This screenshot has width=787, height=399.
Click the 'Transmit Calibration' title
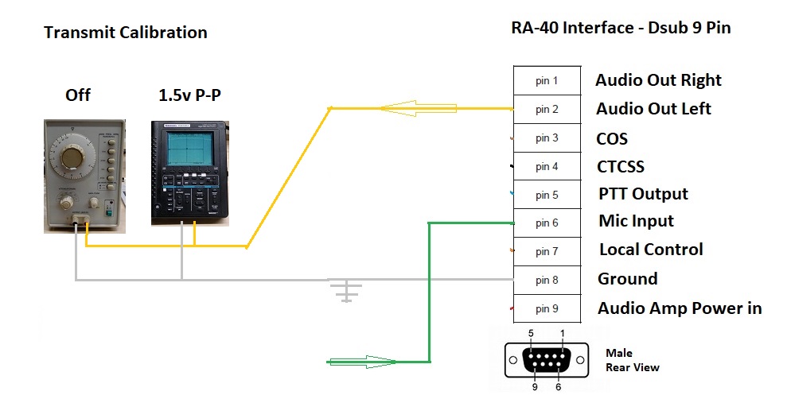(x=125, y=33)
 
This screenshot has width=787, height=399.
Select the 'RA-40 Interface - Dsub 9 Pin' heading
(x=620, y=29)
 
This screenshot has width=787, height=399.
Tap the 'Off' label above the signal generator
(x=78, y=95)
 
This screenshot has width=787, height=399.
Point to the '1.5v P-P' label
(x=189, y=95)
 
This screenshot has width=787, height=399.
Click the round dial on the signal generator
(x=72, y=157)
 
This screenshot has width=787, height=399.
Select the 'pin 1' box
(x=546, y=81)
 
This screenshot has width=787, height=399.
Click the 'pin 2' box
(x=546, y=110)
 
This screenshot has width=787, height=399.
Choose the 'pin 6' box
(x=546, y=223)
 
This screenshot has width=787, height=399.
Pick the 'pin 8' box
(x=546, y=280)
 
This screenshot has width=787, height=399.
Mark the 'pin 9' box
(x=546, y=308)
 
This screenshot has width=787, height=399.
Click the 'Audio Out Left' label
(x=653, y=109)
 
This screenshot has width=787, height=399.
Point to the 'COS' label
(x=612, y=139)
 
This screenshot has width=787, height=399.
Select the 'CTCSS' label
(x=620, y=167)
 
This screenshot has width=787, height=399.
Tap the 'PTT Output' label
(x=643, y=194)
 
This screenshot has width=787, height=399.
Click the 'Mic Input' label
(x=636, y=221)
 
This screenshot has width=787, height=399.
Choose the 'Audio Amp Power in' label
(x=680, y=308)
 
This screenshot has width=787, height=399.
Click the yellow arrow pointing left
(x=407, y=108)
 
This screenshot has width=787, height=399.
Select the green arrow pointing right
(x=359, y=362)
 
